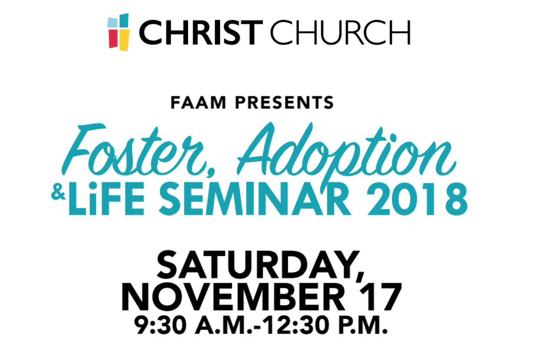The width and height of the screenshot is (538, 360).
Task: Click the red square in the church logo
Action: click(113, 39)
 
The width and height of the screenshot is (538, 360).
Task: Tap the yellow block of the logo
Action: click(124, 40)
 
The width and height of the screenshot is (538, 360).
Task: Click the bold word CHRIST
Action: click(201, 33)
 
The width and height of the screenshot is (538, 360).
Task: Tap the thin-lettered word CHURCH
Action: click(340, 33)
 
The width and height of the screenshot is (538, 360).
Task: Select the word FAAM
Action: click(198, 102)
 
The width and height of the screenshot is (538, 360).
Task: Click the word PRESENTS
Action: click(284, 102)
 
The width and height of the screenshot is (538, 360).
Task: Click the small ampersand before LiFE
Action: click(58, 194)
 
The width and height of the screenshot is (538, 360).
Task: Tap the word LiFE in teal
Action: click(106, 198)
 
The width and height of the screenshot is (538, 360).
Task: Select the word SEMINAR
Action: click(255, 198)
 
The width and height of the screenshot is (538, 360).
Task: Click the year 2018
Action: click(418, 198)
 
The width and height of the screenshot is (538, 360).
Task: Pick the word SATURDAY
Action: click(261, 266)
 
